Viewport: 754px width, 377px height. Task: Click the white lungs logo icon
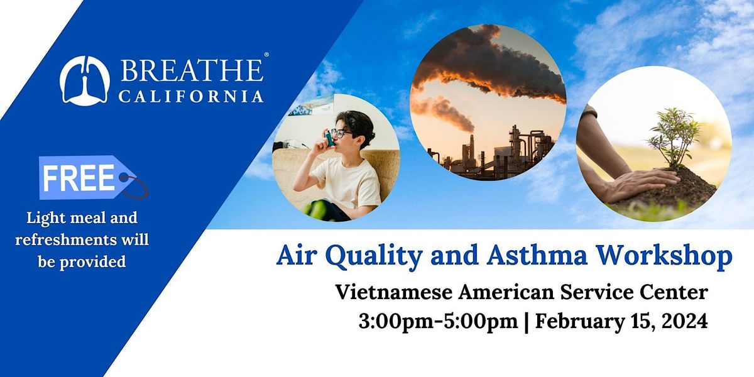(x=85, y=80)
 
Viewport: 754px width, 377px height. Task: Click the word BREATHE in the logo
(x=192, y=70)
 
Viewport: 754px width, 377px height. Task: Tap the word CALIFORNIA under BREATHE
(x=192, y=96)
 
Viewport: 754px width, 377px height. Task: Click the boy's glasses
(x=339, y=133)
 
